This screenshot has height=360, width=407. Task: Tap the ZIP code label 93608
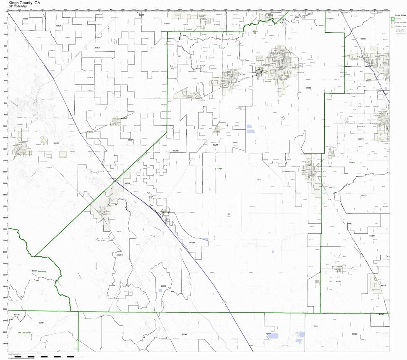[x=25, y=19]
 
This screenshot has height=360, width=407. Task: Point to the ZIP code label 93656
[x=167, y=24]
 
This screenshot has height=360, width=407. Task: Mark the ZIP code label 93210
[x=56, y=143]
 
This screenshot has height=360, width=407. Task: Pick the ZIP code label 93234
[x=130, y=140]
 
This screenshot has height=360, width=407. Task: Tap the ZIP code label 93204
[x=120, y=255]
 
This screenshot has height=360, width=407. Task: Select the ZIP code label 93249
[x=185, y=334]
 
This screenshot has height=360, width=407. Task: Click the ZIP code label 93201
[x=339, y=281]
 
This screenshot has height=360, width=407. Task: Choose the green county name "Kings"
[x=219, y=169]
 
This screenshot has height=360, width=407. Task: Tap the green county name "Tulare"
[x=352, y=163]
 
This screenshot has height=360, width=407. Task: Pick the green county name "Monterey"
[x=41, y=271]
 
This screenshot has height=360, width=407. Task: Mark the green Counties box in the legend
[x=393, y=19]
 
